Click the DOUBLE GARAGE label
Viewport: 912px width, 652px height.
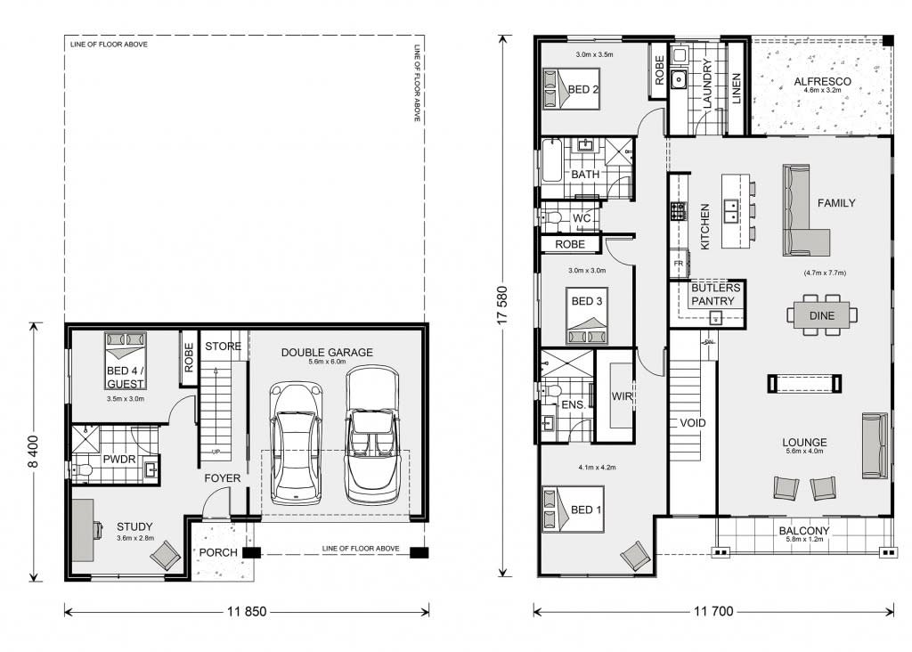pyautogui.click(x=327, y=352)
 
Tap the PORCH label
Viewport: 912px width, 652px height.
pyautogui.click(x=218, y=552)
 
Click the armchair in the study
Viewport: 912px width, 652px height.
pyautogui.click(x=165, y=557)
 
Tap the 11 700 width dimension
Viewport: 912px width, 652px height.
pyautogui.click(x=712, y=612)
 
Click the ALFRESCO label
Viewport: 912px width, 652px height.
pyautogui.click(x=822, y=82)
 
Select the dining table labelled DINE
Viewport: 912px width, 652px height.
pyautogui.click(x=822, y=315)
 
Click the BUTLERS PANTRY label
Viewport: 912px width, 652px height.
pyautogui.click(x=714, y=295)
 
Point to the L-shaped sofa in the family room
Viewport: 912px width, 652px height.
pyautogui.click(x=803, y=213)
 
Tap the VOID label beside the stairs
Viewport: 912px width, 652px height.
pyautogui.click(x=692, y=423)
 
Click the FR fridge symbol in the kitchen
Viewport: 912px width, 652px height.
pyautogui.click(x=679, y=264)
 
